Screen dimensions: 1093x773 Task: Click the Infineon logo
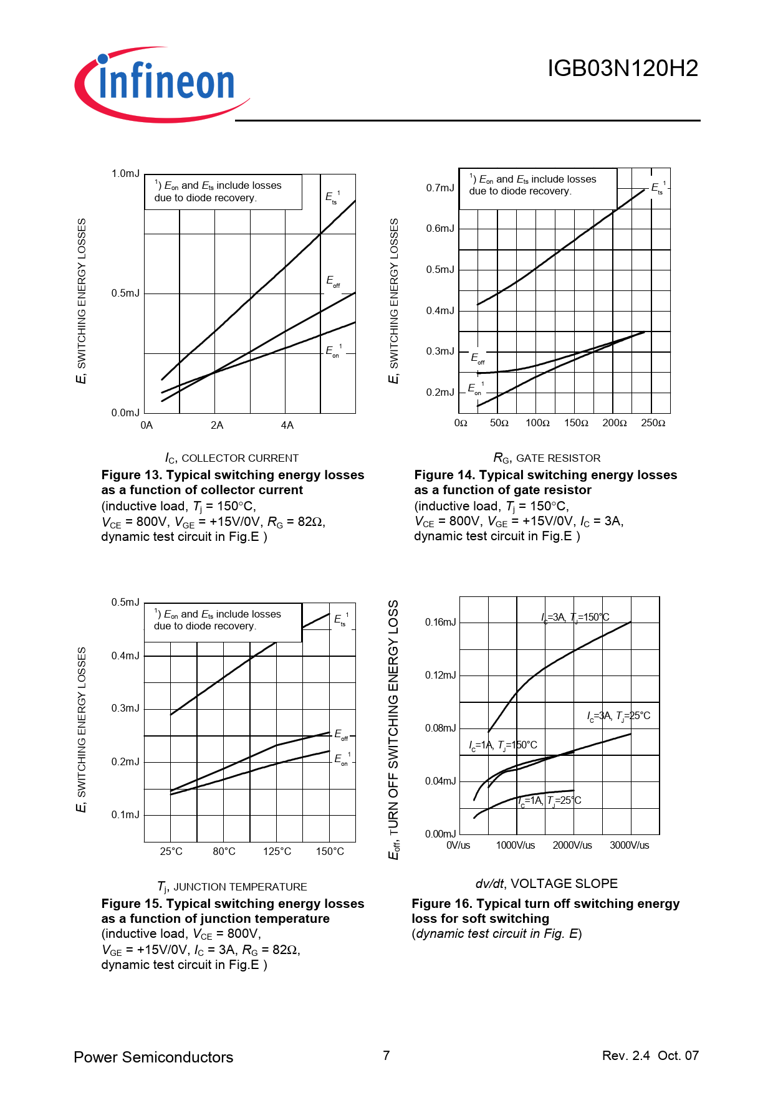tap(162, 84)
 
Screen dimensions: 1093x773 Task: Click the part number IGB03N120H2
tap(622, 69)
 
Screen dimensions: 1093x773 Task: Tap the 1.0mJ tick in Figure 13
tap(125, 174)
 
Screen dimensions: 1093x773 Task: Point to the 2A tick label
tap(217, 426)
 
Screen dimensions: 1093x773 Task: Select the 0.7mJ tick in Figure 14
tap(440, 188)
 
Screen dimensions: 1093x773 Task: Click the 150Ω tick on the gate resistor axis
tap(576, 423)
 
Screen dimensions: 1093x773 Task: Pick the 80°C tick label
tap(224, 851)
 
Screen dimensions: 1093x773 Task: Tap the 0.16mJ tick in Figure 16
tap(440, 622)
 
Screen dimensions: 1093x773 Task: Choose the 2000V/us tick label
tap(572, 846)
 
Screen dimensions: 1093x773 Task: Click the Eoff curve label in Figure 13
tap(333, 282)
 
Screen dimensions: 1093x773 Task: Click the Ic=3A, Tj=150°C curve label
tap(575, 618)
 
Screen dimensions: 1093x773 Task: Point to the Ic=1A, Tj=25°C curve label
tap(550, 801)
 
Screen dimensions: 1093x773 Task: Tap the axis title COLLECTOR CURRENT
tap(232, 459)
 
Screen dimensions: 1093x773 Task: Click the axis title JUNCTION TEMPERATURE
tap(232, 887)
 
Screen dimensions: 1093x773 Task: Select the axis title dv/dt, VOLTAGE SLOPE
tap(546, 884)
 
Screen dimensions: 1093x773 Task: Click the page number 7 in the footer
tap(386, 1056)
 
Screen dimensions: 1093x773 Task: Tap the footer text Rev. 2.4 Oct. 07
tap(650, 1056)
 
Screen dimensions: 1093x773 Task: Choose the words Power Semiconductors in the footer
tap(153, 1057)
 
